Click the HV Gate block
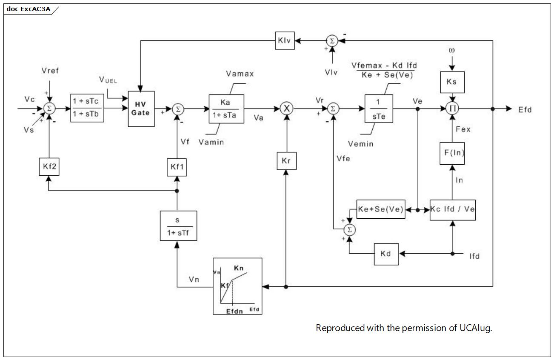[x=141, y=109]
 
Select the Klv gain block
[x=285, y=40]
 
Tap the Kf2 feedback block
[x=49, y=167]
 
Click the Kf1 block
[x=177, y=167]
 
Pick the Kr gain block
[x=287, y=161]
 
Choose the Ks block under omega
[x=452, y=82]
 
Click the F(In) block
[x=452, y=153]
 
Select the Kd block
[x=386, y=254]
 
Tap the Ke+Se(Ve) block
[x=381, y=209]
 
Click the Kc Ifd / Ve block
[x=453, y=210]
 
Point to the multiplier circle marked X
[x=287, y=109]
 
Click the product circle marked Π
[x=452, y=109]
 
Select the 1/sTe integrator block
[x=379, y=109]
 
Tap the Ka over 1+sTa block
[x=226, y=109]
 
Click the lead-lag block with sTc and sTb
[x=87, y=108]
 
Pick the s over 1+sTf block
[x=179, y=226]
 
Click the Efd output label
[x=525, y=110]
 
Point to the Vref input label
[x=50, y=71]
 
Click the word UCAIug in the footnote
[x=476, y=328]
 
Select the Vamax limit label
[x=240, y=74]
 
